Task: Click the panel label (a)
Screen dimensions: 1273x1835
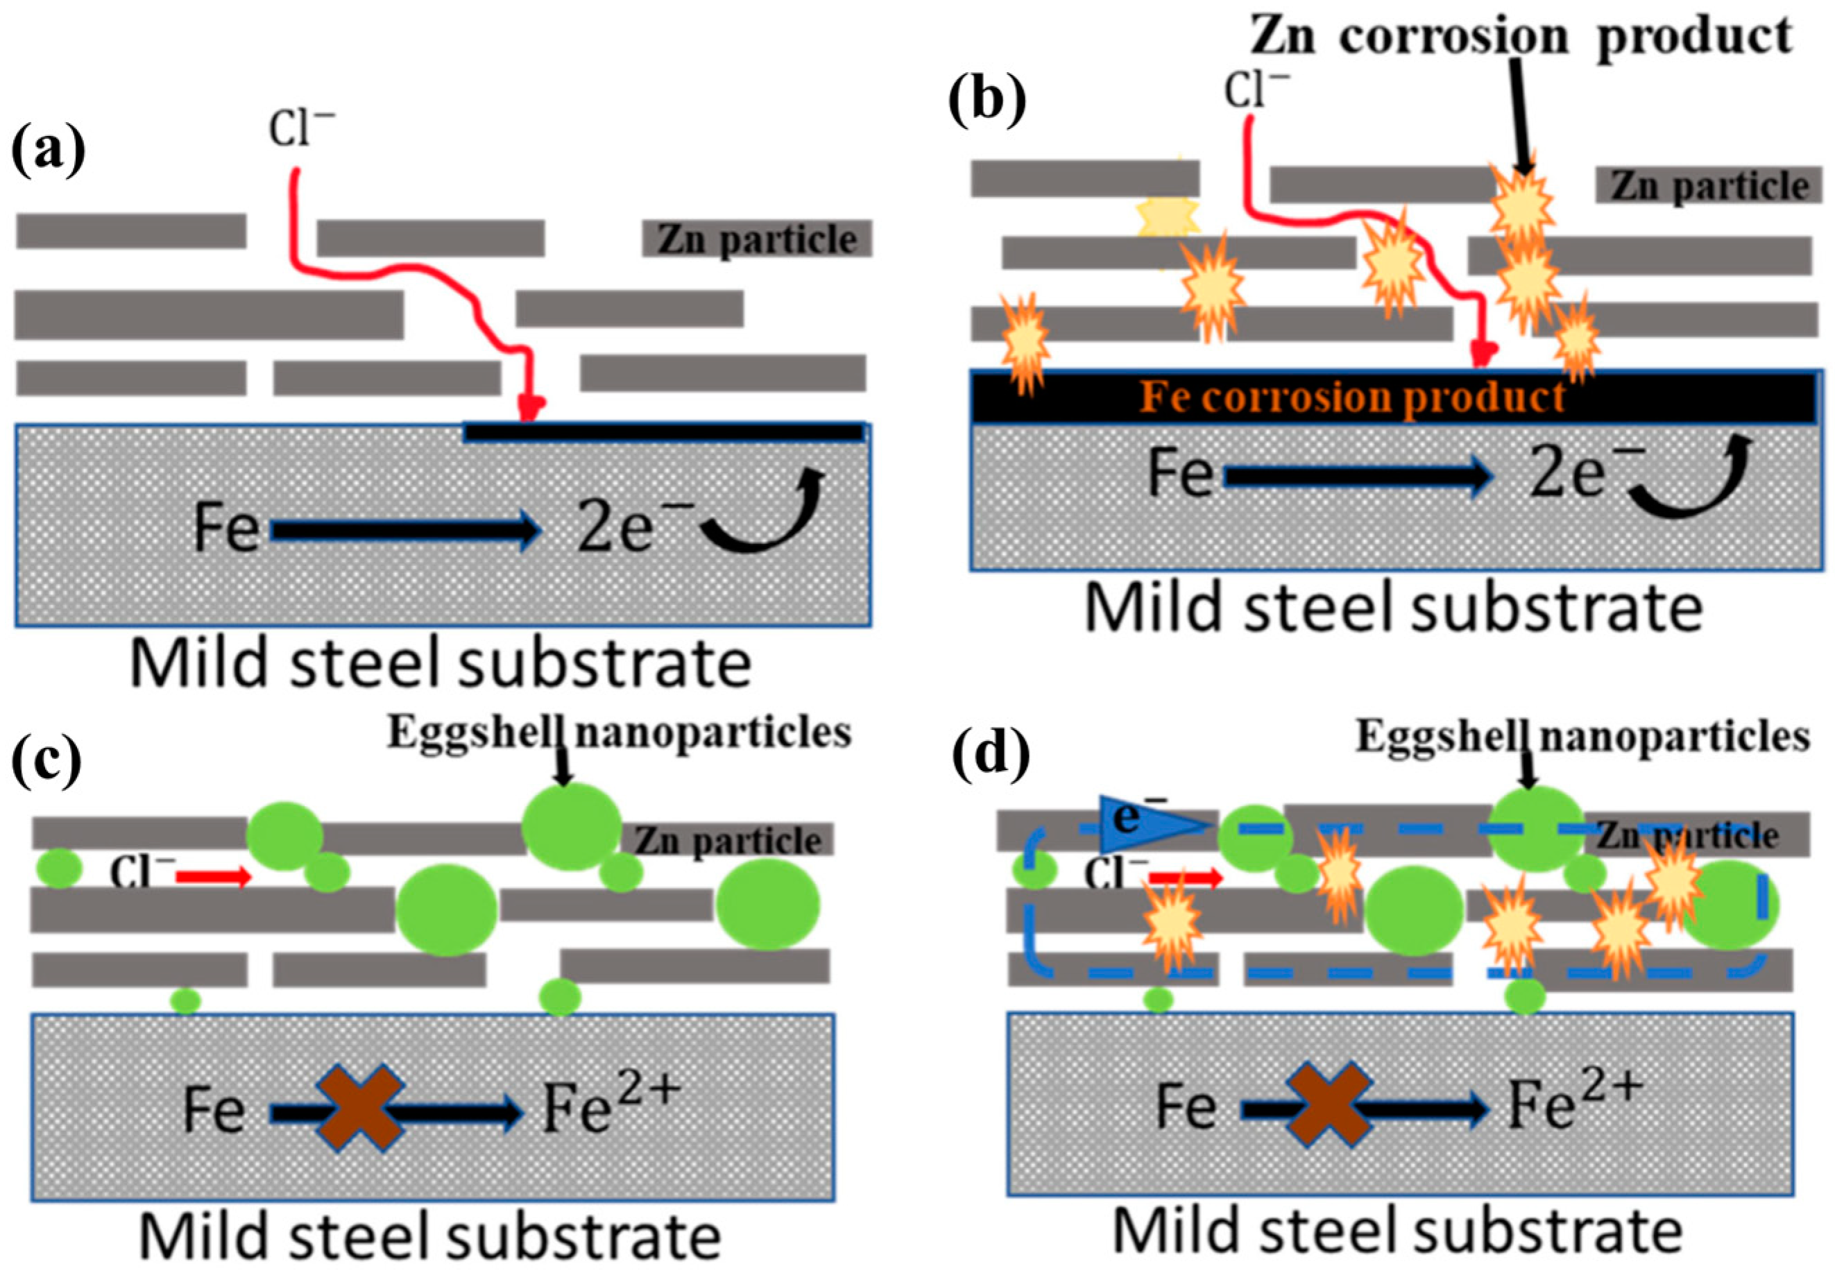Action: click(x=48, y=151)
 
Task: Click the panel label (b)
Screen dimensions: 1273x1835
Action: click(x=987, y=102)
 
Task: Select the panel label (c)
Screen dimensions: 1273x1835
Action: click(x=46, y=755)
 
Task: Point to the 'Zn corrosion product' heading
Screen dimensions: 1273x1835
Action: click(x=1520, y=36)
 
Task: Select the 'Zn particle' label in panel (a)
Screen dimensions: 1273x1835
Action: click(x=757, y=239)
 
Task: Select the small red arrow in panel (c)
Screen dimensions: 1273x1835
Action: click(x=213, y=878)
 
